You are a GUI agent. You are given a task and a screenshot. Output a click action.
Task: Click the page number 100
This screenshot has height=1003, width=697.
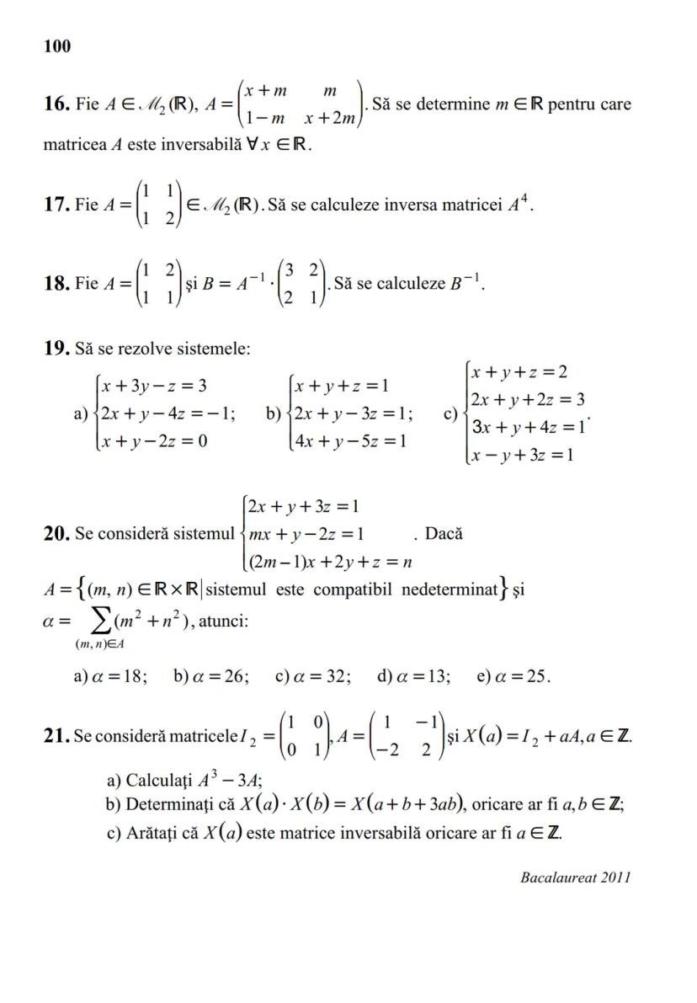pyautogui.click(x=56, y=46)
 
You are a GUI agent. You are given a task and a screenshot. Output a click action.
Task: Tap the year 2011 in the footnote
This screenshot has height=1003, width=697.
pyautogui.click(x=615, y=878)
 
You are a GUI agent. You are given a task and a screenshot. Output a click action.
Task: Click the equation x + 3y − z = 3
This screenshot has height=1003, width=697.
pyautogui.click(x=153, y=387)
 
